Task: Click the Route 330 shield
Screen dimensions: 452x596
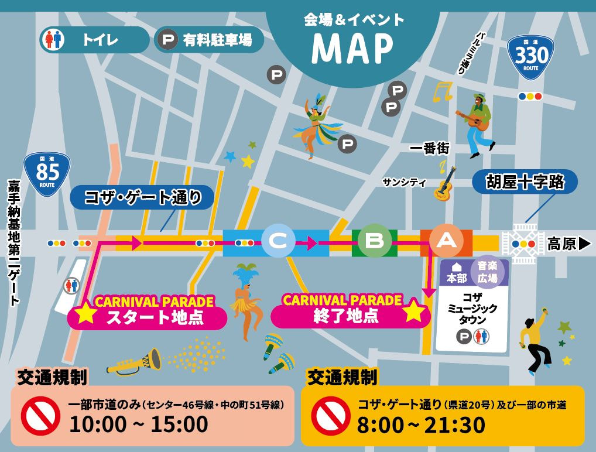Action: [x=530, y=57]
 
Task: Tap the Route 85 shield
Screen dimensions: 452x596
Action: [x=47, y=173]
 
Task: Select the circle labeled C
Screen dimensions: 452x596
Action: [x=278, y=241]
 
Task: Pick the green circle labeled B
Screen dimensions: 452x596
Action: [x=374, y=241]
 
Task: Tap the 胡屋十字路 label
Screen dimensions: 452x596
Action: [x=525, y=182]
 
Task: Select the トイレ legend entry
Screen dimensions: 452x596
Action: [x=94, y=40]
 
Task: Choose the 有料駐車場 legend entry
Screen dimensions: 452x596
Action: [x=209, y=40]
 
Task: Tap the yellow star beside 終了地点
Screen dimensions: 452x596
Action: [x=413, y=311]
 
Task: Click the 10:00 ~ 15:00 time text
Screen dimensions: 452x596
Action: [x=138, y=424]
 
